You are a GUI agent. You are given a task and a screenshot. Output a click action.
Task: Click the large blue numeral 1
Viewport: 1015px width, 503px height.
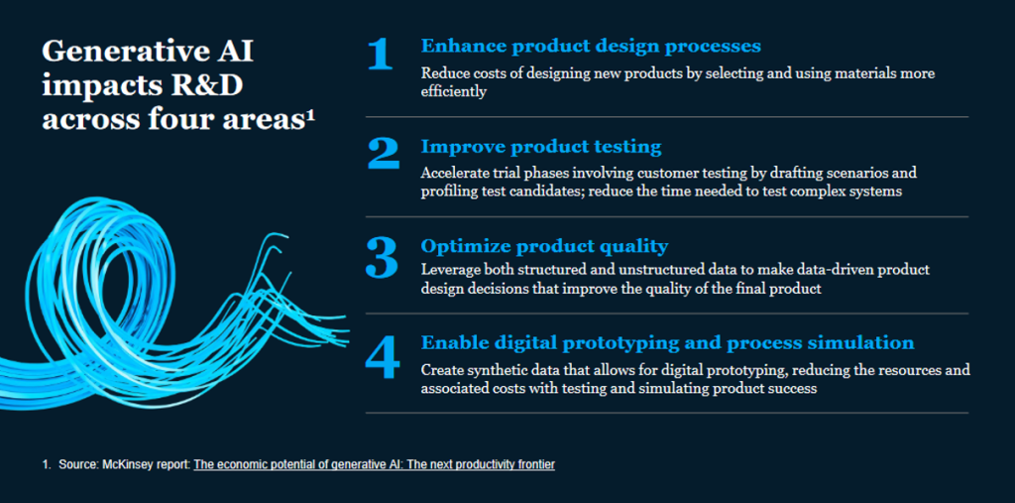point(380,54)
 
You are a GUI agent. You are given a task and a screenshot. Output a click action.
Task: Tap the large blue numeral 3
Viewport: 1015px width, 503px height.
point(382,257)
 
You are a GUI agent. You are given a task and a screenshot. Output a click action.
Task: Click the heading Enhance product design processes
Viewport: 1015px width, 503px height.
point(591,47)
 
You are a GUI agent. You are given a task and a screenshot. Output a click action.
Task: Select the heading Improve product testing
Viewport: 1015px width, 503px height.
point(541,147)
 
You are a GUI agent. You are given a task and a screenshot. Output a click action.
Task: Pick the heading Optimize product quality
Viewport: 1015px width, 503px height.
point(544,247)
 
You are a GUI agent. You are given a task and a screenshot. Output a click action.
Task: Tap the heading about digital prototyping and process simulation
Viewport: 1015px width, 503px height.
point(667,343)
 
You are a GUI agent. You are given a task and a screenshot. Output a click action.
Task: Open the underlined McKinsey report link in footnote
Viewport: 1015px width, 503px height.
point(374,464)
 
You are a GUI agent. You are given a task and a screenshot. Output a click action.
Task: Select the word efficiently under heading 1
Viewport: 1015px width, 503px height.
point(453,92)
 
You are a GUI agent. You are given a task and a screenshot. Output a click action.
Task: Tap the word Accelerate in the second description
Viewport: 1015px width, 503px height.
point(451,174)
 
